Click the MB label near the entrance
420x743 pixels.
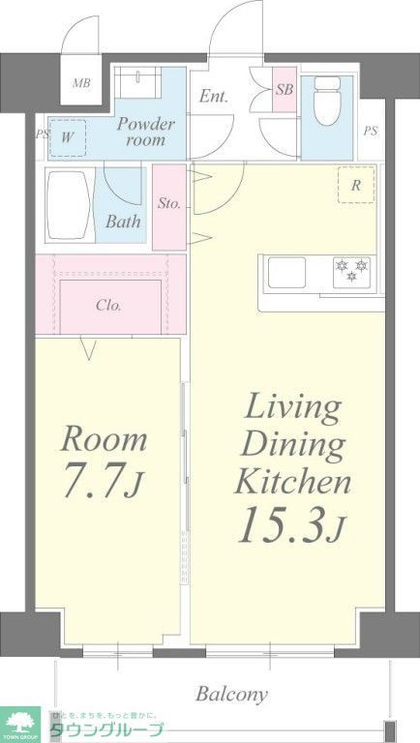pos(81,83)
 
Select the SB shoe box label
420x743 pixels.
pos(284,90)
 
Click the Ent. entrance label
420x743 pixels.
pos(214,97)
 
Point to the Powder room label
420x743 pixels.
pos(146,132)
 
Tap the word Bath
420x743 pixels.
pos(123,222)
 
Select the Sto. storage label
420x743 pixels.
pos(169,205)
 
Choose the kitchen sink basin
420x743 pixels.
pos(287,272)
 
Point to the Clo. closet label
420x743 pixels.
pos(108,305)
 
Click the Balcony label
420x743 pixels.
pos(232,694)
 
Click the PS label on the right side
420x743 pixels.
pos(371,132)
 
